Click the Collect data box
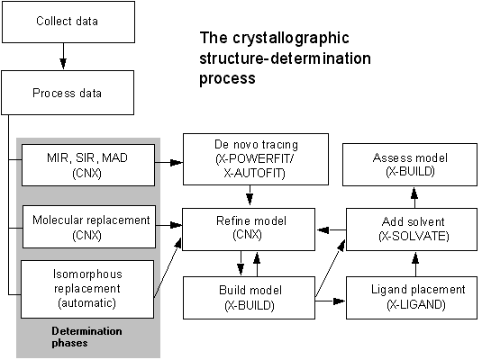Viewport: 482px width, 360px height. [x=68, y=22]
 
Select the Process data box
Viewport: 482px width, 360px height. [x=68, y=93]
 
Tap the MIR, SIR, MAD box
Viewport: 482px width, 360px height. [x=88, y=166]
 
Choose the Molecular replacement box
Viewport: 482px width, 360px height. [x=89, y=227]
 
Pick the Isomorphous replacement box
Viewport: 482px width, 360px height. [x=87, y=290]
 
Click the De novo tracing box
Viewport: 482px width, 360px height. [x=256, y=159]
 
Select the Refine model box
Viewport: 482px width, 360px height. [x=249, y=229]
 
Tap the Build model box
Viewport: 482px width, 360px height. [x=249, y=298]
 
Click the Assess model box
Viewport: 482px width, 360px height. [x=410, y=165]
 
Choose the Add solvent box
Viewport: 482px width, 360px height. [x=412, y=229]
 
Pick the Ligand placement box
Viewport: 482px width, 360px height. [x=412, y=298]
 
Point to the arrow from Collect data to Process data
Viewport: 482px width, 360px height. [x=63, y=56]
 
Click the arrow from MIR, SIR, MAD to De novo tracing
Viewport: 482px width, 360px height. [x=168, y=163]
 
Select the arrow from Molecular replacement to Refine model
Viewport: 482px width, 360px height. [x=168, y=225]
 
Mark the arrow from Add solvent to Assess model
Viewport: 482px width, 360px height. [x=414, y=197]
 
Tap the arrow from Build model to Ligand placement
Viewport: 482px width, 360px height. [x=331, y=301]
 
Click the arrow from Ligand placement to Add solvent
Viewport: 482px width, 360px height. [x=415, y=265]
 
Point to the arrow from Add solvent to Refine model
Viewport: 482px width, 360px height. [x=331, y=229]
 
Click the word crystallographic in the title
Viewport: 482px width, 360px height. [x=291, y=39]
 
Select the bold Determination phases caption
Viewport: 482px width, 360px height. [x=86, y=337]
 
